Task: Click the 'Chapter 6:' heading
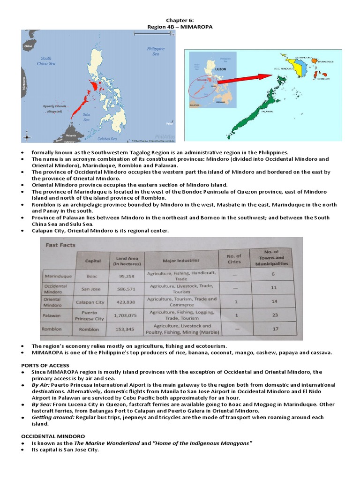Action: pyautogui.click(x=180, y=20)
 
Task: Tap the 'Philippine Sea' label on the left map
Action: pyautogui.click(x=156, y=51)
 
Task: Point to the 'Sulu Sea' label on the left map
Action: pyautogui.click(x=86, y=117)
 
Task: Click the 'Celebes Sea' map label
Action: pyautogui.click(x=107, y=138)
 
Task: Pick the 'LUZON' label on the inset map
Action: pyautogui.click(x=220, y=68)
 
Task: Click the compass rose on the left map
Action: pyautogui.click(x=27, y=137)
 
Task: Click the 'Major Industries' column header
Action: pyautogui.click(x=181, y=260)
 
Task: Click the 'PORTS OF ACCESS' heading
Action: pyautogui.click(x=45, y=365)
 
